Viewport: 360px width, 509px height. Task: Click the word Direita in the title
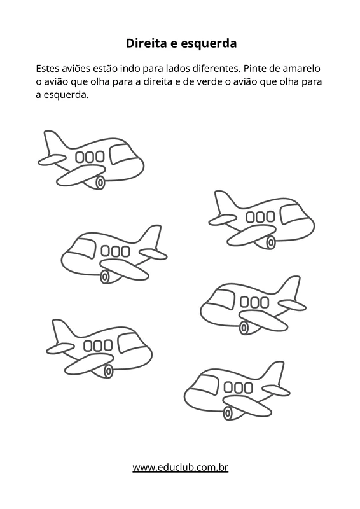pos(146,43)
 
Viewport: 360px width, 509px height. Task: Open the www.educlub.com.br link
pos(181,467)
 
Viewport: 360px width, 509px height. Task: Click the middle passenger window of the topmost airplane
pos(90,157)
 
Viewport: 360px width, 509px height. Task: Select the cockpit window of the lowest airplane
pos(207,384)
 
